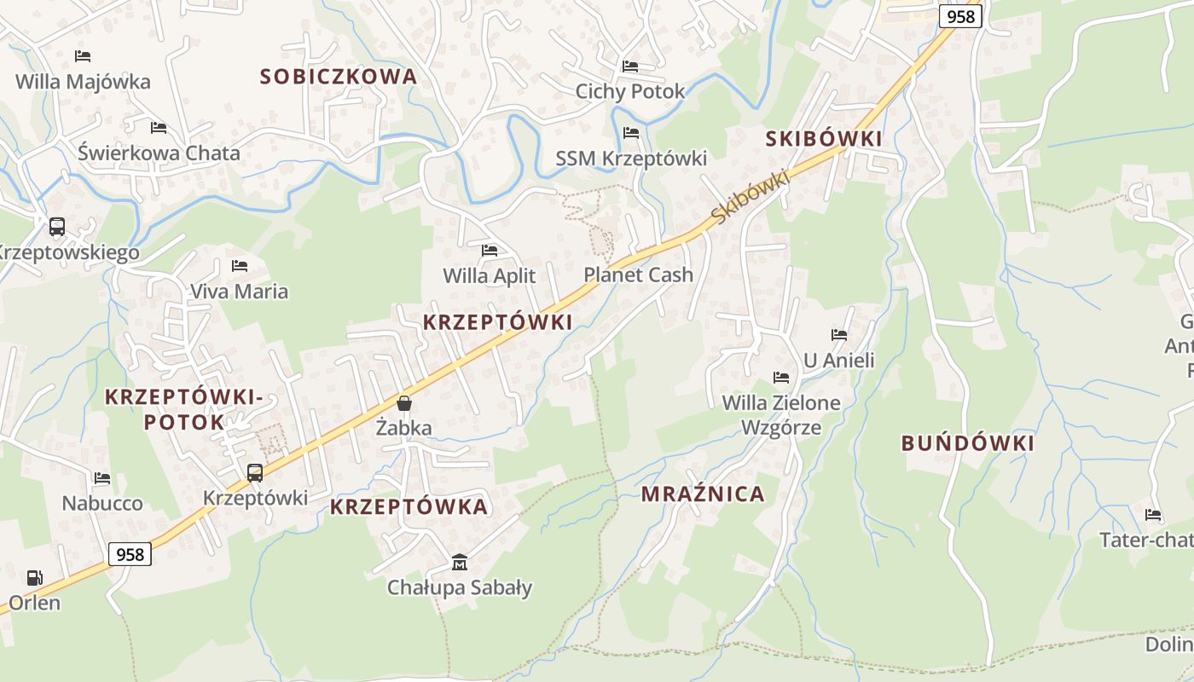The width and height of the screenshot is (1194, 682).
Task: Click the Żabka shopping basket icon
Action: tap(404, 403)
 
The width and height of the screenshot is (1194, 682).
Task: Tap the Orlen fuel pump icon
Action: tap(35, 578)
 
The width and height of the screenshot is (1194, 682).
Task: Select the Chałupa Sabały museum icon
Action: tap(460, 562)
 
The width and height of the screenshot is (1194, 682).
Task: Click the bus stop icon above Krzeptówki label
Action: tap(254, 473)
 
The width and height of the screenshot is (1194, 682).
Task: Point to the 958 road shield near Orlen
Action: tap(130, 554)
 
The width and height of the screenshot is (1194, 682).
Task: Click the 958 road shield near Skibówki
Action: tap(961, 15)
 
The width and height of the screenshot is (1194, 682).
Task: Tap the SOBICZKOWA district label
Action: tap(339, 77)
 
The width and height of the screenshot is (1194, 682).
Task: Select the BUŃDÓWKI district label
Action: tap(968, 443)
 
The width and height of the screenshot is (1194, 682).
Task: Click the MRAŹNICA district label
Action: tap(703, 494)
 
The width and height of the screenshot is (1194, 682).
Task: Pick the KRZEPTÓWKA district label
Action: tap(409, 507)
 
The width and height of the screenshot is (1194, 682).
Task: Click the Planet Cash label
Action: tap(638, 275)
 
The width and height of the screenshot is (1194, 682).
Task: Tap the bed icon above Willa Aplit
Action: tap(490, 251)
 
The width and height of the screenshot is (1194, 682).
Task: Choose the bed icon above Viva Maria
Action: tap(240, 266)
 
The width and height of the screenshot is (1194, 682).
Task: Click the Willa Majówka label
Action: tap(83, 82)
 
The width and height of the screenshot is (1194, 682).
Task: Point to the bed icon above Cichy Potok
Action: tap(630, 66)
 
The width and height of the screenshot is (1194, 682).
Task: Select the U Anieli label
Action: tap(839, 361)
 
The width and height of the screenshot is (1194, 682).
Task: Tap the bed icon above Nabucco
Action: tap(102, 478)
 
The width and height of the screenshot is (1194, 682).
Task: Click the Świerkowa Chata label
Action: tap(159, 153)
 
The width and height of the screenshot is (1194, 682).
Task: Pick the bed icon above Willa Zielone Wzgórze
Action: tap(781, 377)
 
